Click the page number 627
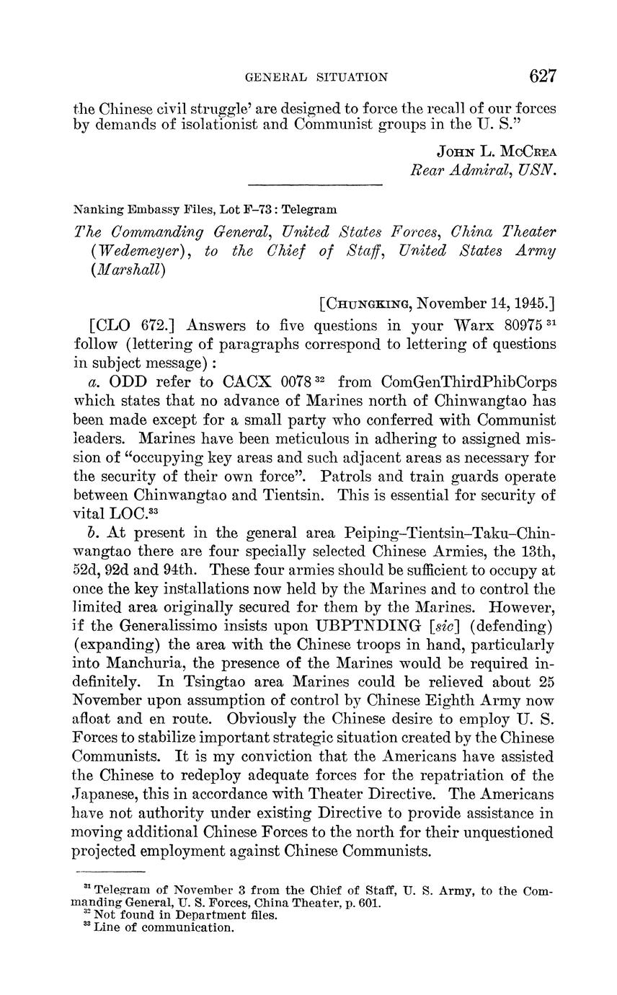click(x=543, y=76)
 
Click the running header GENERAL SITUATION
click(x=317, y=77)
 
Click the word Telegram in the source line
click(x=309, y=209)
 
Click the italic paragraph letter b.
click(x=91, y=532)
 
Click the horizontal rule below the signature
click(x=314, y=187)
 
